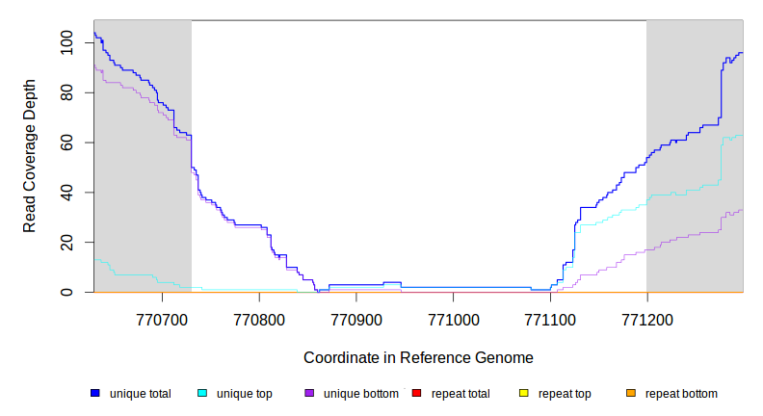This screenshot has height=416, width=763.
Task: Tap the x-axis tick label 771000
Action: coord(454,317)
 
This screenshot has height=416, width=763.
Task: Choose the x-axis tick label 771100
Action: coord(550,317)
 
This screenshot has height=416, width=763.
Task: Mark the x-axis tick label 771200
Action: coord(647,317)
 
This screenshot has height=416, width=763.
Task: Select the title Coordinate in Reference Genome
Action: coord(418,357)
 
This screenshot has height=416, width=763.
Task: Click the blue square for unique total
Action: coord(95,394)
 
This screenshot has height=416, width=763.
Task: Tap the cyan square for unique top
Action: coord(202,394)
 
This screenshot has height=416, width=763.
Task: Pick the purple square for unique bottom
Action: coord(309,394)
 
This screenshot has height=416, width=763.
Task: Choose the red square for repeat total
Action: coord(416,394)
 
